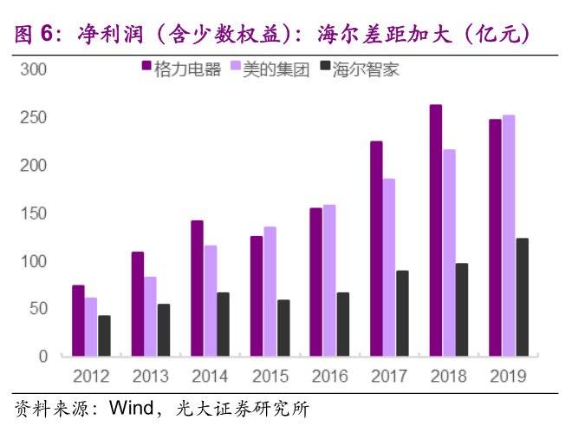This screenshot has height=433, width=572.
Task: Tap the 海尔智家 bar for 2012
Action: pyautogui.click(x=104, y=336)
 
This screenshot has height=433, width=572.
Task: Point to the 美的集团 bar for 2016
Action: pyautogui.click(x=330, y=281)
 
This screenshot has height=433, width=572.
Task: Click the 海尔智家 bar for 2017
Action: pyautogui.click(x=402, y=313)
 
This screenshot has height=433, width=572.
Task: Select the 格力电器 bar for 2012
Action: pyautogui.click(x=78, y=321)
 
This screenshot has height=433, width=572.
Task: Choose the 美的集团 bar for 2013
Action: pyautogui.click(x=151, y=317)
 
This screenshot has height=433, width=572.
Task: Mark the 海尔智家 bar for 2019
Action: pyautogui.click(x=522, y=298)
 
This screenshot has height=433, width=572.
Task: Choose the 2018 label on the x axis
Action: pyautogui.click(x=448, y=377)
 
